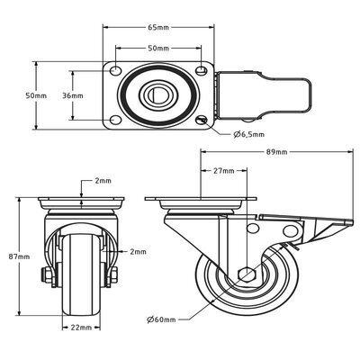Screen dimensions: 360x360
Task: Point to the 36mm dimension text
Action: (x=74, y=94)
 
